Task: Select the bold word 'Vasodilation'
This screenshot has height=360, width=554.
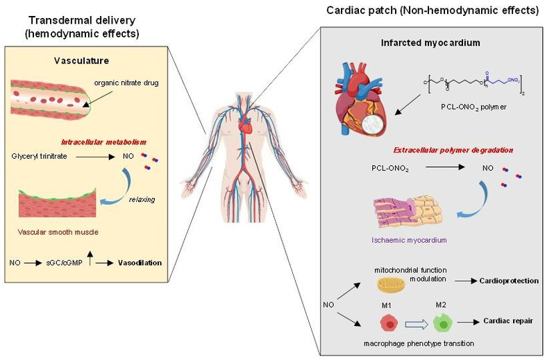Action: tap(140, 263)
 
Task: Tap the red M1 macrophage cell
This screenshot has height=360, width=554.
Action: tap(389, 323)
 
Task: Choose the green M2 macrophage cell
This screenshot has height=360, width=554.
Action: tap(440, 323)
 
